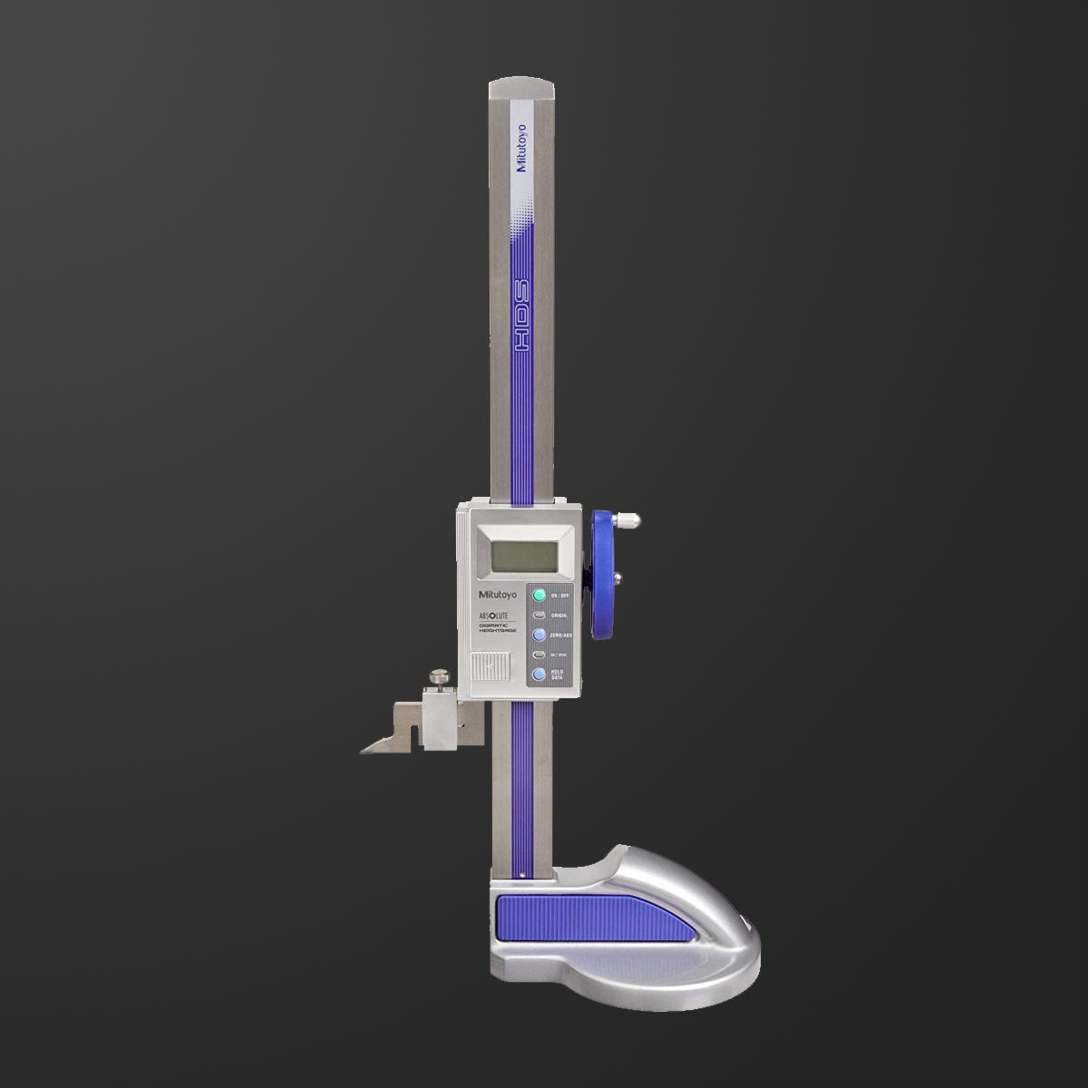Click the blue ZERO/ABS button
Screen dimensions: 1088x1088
point(539,635)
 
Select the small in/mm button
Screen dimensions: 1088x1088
point(539,655)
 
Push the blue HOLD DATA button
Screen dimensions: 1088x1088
point(539,675)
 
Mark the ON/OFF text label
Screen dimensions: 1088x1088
point(561,596)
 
